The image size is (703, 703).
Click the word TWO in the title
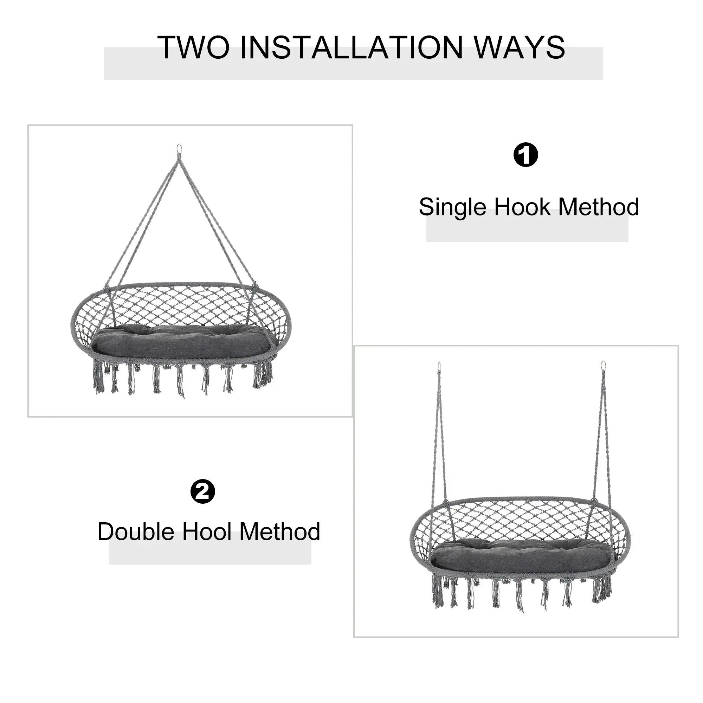pyautogui.click(x=194, y=48)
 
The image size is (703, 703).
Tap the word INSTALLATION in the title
pyautogui.click(x=351, y=48)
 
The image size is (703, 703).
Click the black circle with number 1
pyautogui.click(x=525, y=155)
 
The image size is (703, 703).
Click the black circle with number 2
pyautogui.click(x=203, y=492)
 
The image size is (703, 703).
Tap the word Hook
pyautogui.click(x=522, y=207)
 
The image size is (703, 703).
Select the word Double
pyautogui.click(x=136, y=531)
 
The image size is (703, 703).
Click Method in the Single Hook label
pyautogui.click(x=599, y=207)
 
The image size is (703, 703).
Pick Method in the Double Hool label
pyautogui.click(x=280, y=531)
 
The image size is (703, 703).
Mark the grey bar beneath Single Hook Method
pyautogui.click(x=527, y=225)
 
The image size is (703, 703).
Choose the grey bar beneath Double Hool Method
pyautogui.click(x=210, y=548)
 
